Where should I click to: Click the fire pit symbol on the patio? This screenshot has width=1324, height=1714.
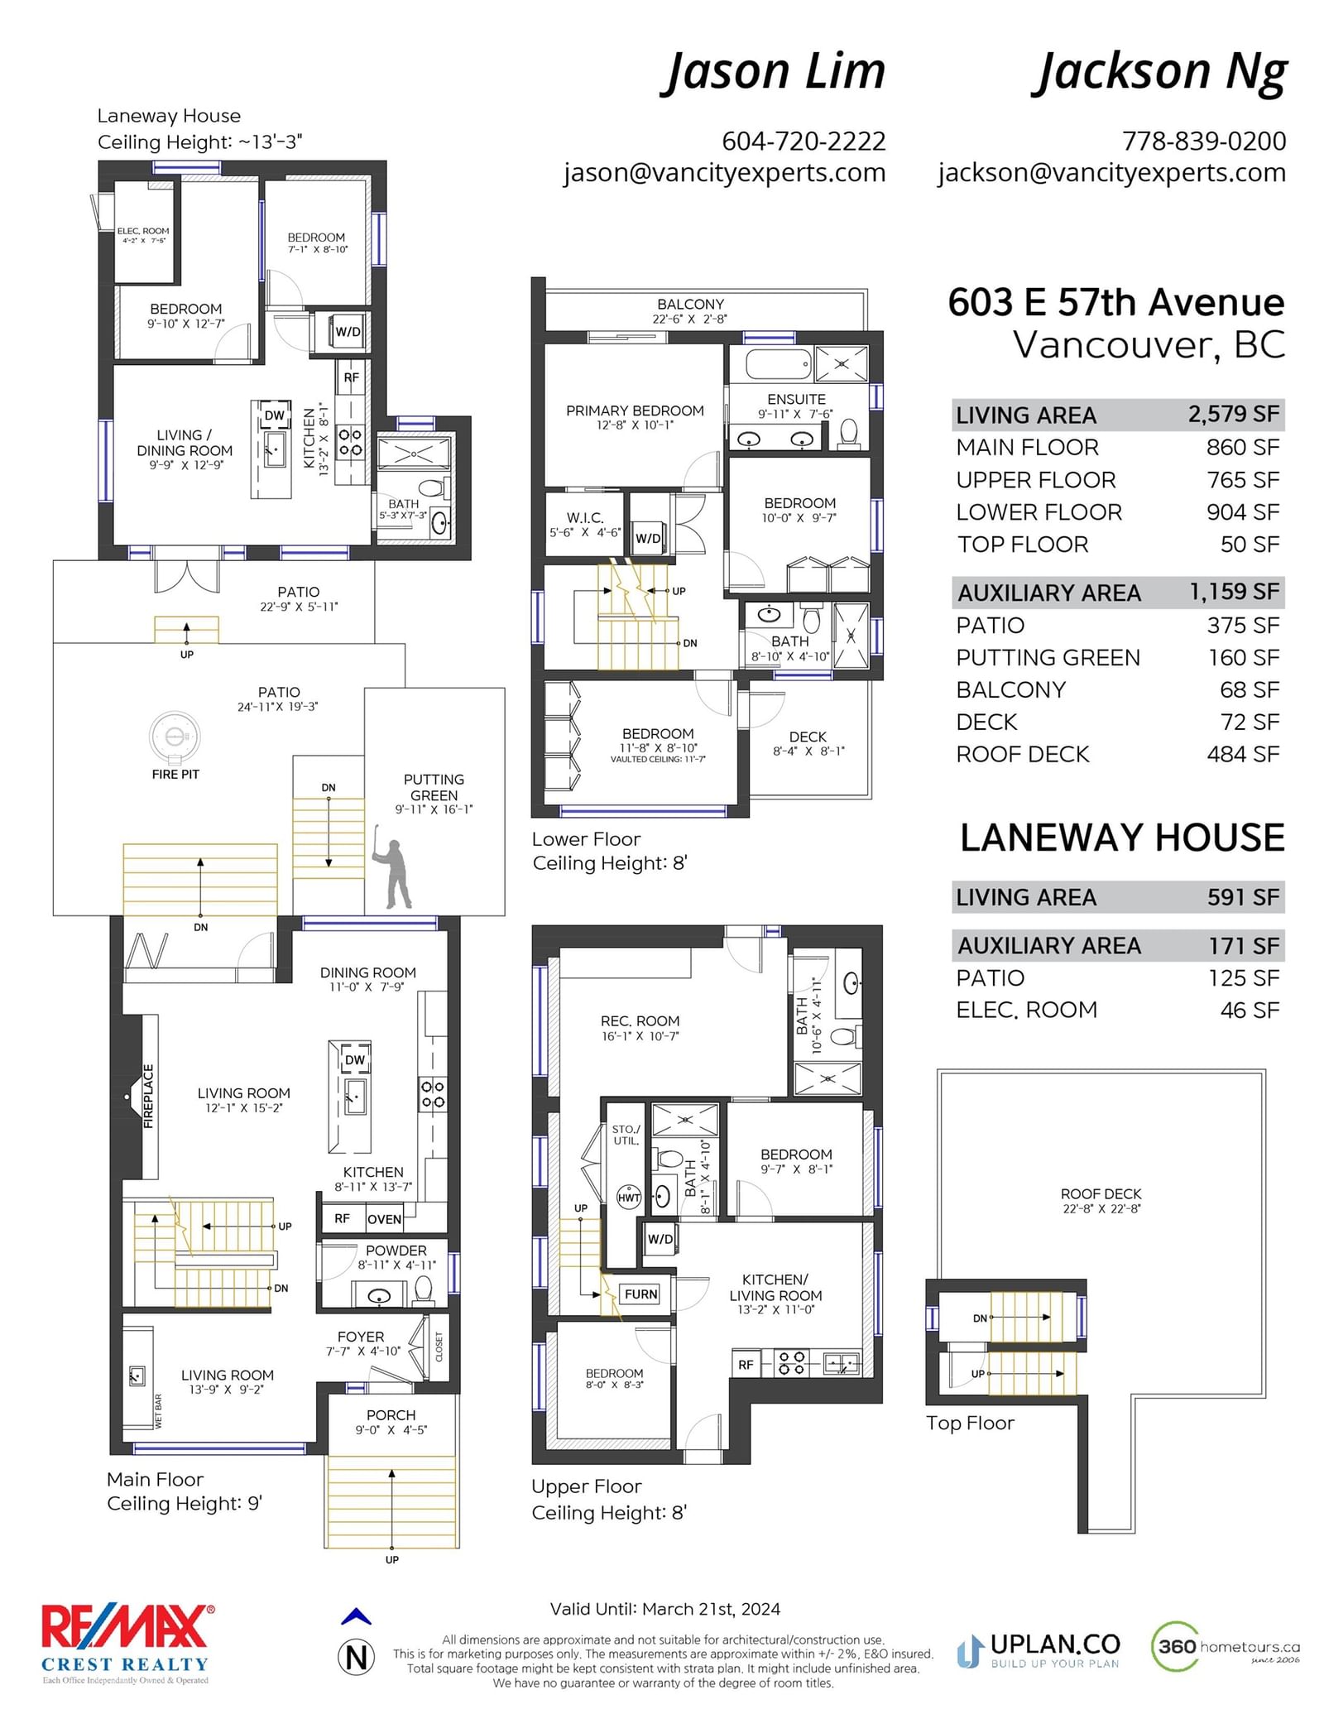175,736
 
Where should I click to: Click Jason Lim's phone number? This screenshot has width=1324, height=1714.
804,142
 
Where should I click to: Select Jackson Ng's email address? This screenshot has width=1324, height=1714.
1111,173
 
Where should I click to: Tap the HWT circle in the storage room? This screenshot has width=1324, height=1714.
629,1198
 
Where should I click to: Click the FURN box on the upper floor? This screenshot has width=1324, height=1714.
641,1294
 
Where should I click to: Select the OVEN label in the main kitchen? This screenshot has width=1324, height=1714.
384,1219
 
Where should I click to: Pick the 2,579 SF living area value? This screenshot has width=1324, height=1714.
1234,414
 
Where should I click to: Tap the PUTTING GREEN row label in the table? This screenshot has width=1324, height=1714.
1048,657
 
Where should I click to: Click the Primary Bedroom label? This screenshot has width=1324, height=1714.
635,410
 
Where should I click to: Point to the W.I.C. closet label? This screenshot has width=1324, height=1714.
585,517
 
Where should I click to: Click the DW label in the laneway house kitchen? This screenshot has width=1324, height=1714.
275,415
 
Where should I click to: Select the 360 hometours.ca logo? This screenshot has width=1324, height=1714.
1226,1646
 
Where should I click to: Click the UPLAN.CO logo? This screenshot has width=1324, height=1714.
1039,1650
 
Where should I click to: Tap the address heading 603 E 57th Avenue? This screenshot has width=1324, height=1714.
1115,302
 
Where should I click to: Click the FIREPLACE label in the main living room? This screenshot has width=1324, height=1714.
149,1097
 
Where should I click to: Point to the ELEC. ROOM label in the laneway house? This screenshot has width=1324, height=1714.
143,231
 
